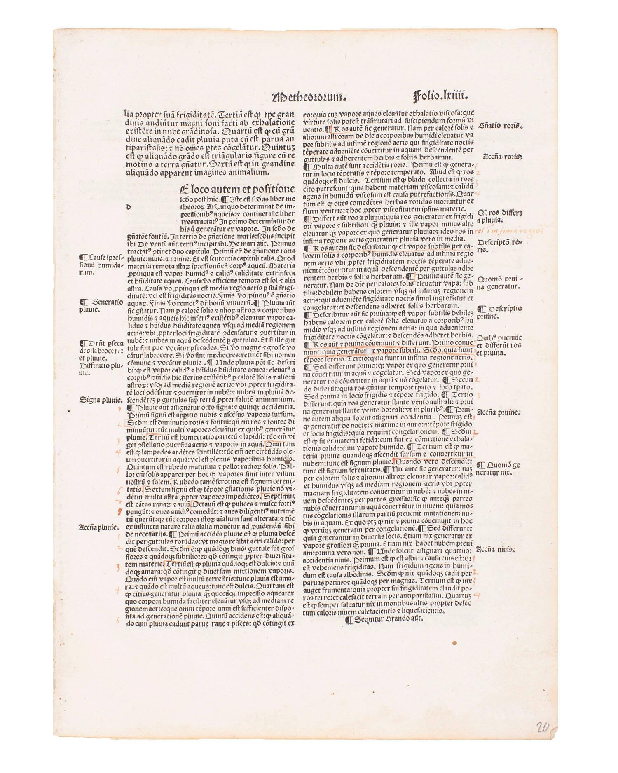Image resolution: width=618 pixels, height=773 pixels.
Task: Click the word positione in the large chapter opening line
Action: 268,190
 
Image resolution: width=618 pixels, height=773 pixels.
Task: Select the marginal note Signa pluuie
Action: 101,399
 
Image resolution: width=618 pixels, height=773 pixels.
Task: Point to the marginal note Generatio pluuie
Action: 101,306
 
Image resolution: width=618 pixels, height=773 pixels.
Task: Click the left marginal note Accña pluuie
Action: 98,527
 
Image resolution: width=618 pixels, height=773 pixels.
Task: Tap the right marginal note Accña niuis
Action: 496,549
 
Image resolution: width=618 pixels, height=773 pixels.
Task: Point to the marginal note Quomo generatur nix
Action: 499,469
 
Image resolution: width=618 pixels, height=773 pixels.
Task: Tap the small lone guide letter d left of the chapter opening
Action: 129,208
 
